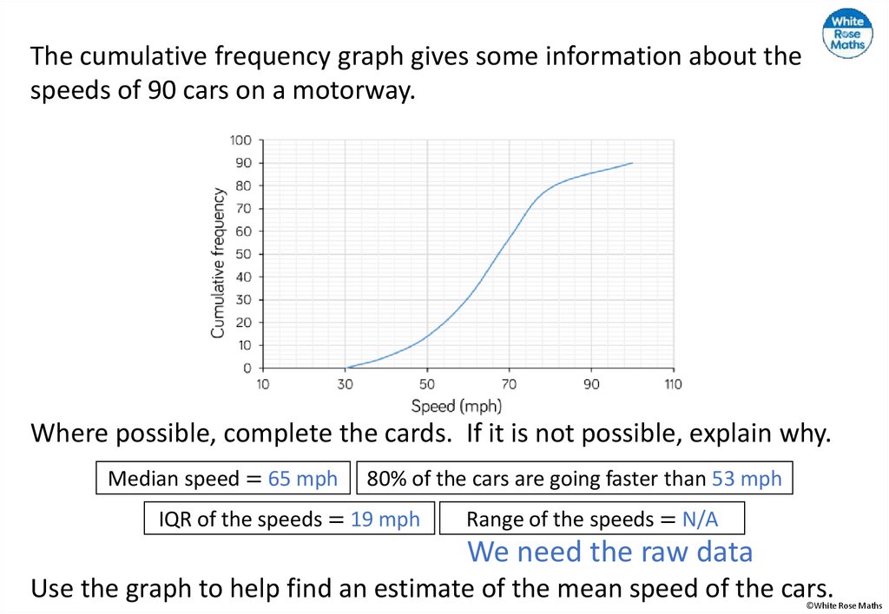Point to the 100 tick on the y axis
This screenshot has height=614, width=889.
[x=240, y=140]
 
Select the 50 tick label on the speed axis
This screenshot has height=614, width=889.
[x=426, y=384]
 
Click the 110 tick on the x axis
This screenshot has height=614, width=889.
[x=673, y=384]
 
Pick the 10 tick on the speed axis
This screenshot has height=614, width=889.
[x=262, y=384]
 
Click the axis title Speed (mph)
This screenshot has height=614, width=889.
[x=456, y=405]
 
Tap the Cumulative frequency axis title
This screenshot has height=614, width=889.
[x=218, y=263]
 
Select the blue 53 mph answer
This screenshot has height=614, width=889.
[x=747, y=479]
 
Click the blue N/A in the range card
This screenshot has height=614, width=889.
[x=700, y=519]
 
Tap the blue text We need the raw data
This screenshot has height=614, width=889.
[x=609, y=552]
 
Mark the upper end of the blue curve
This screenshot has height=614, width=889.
[x=632, y=163]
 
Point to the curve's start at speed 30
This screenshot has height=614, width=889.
[x=346, y=368]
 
